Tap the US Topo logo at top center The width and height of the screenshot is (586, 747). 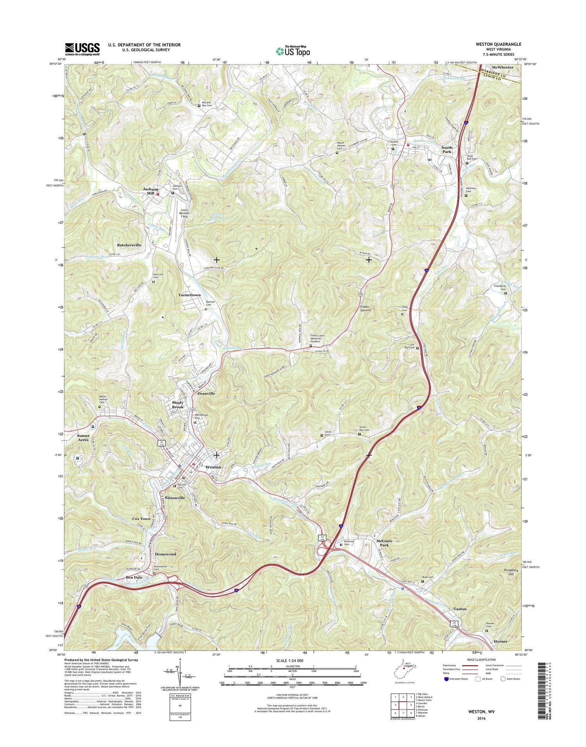tap(293, 51)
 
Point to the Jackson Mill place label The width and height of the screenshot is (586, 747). tap(150, 191)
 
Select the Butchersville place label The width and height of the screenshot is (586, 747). tap(129, 245)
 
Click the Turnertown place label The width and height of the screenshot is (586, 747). tap(189, 295)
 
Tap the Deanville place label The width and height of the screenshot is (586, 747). tap(206, 393)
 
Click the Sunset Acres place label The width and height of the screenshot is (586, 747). tap(83, 438)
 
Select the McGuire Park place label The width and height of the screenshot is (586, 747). tap(385, 543)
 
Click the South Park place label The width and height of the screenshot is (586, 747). tap(447, 150)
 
